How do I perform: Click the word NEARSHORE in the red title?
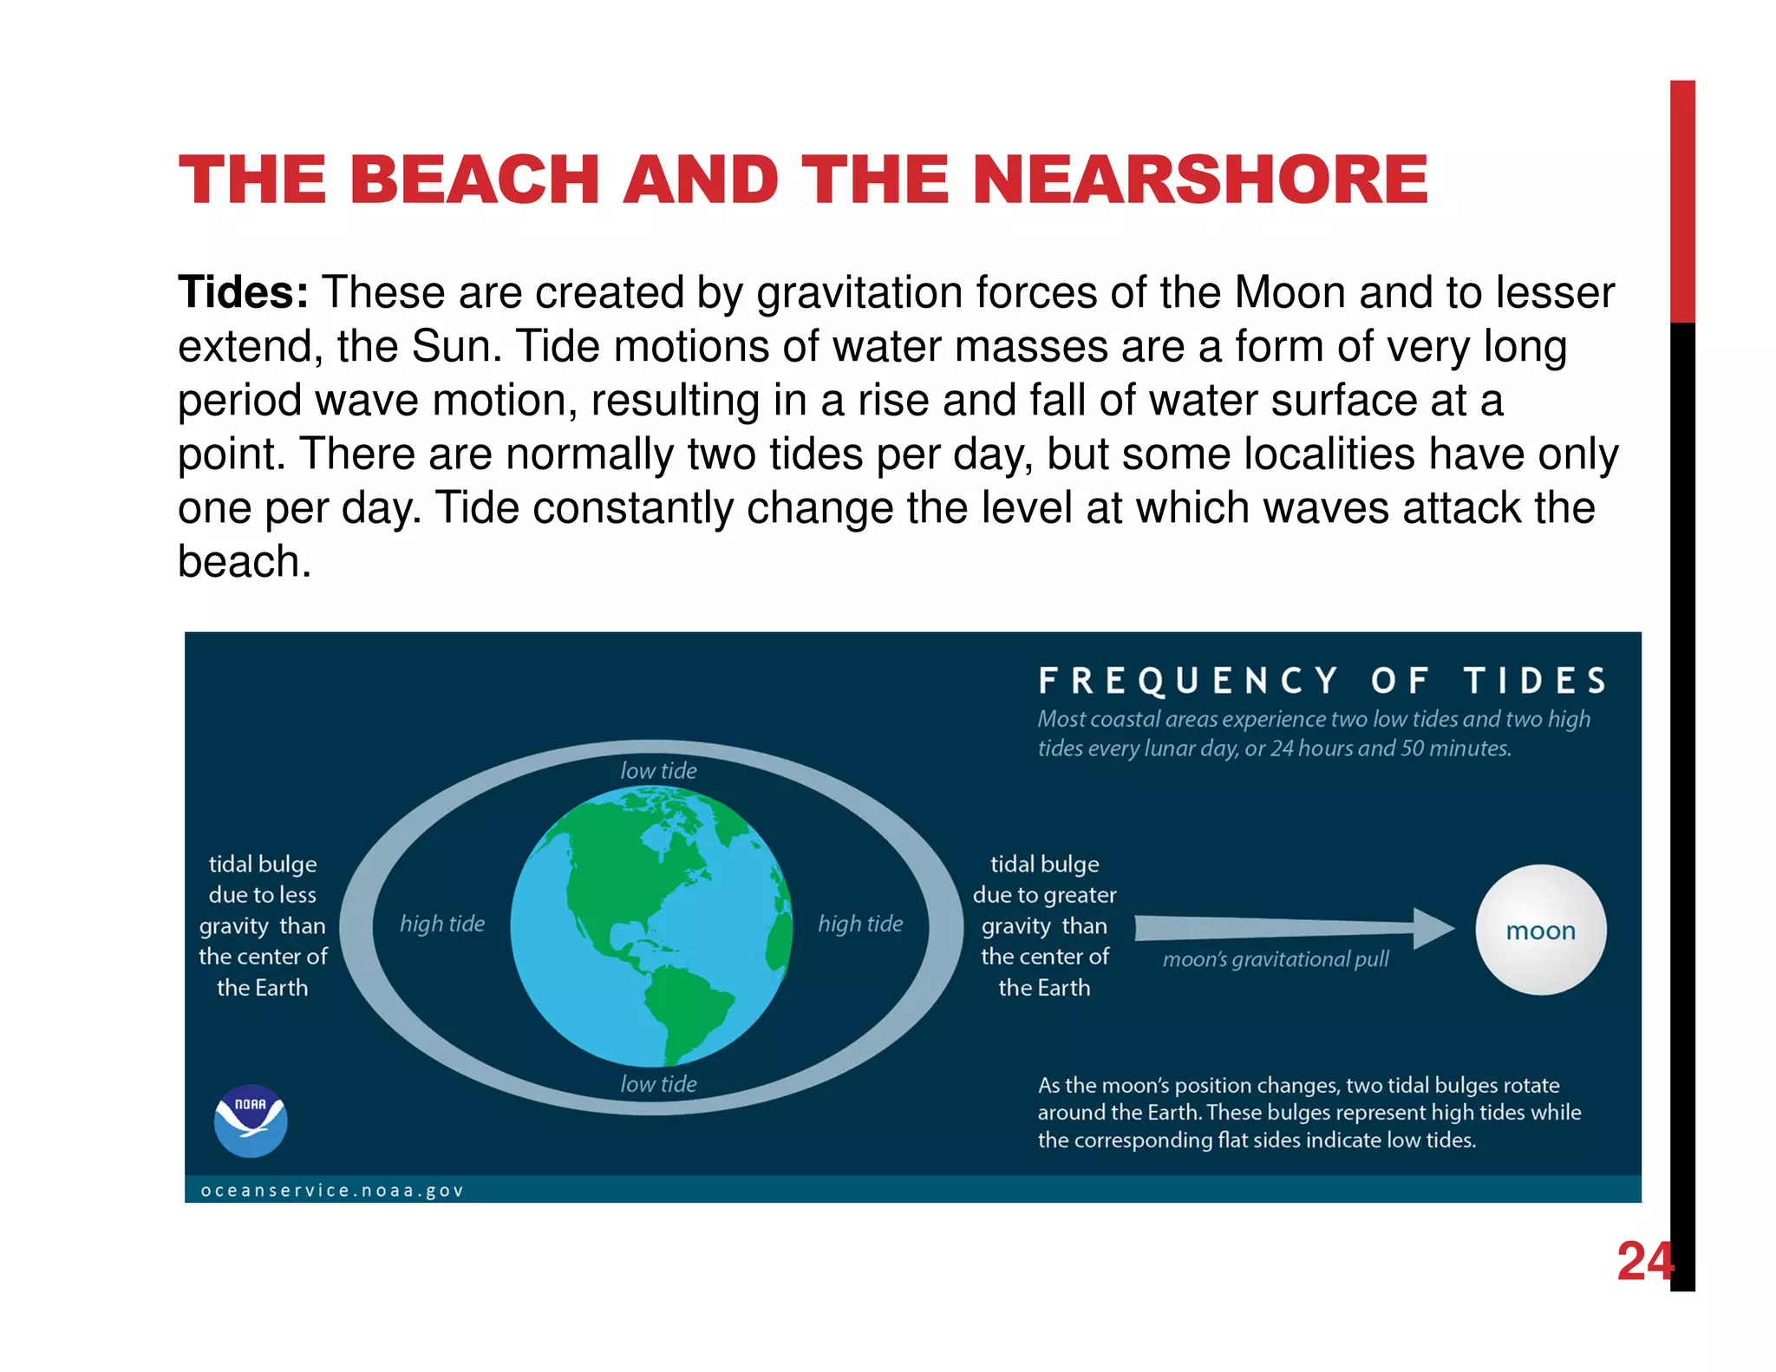(1201, 180)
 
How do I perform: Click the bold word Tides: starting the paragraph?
(244, 292)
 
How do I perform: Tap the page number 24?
(1644, 1261)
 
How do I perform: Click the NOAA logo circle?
(251, 1120)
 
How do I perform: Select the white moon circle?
(1540, 930)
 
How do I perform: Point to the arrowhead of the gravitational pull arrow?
(1435, 928)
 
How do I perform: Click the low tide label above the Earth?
(658, 770)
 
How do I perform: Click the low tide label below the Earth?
(658, 1084)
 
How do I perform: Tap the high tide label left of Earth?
(442, 924)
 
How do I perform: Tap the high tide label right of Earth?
(860, 924)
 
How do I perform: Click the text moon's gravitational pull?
(1276, 959)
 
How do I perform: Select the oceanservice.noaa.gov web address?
(332, 1191)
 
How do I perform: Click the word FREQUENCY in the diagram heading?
(1188, 682)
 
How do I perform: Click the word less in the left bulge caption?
(296, 895)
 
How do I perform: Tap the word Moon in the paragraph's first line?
(1290, 292)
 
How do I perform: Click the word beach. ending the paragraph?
(245, 561)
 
